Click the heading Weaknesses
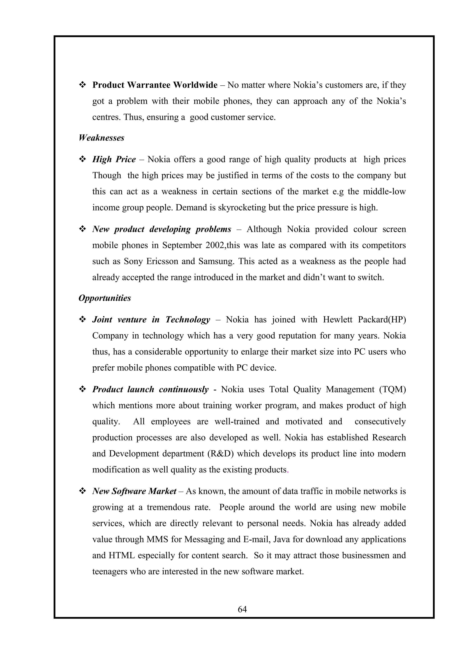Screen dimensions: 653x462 (x=101, y=138)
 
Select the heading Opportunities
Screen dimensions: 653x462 (x=104, y=298)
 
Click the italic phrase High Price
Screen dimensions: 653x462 (x=114, y=159)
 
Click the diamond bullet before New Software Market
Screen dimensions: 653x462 (x=82, y=491)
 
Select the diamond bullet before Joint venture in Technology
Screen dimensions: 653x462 (x=82, y=320)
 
